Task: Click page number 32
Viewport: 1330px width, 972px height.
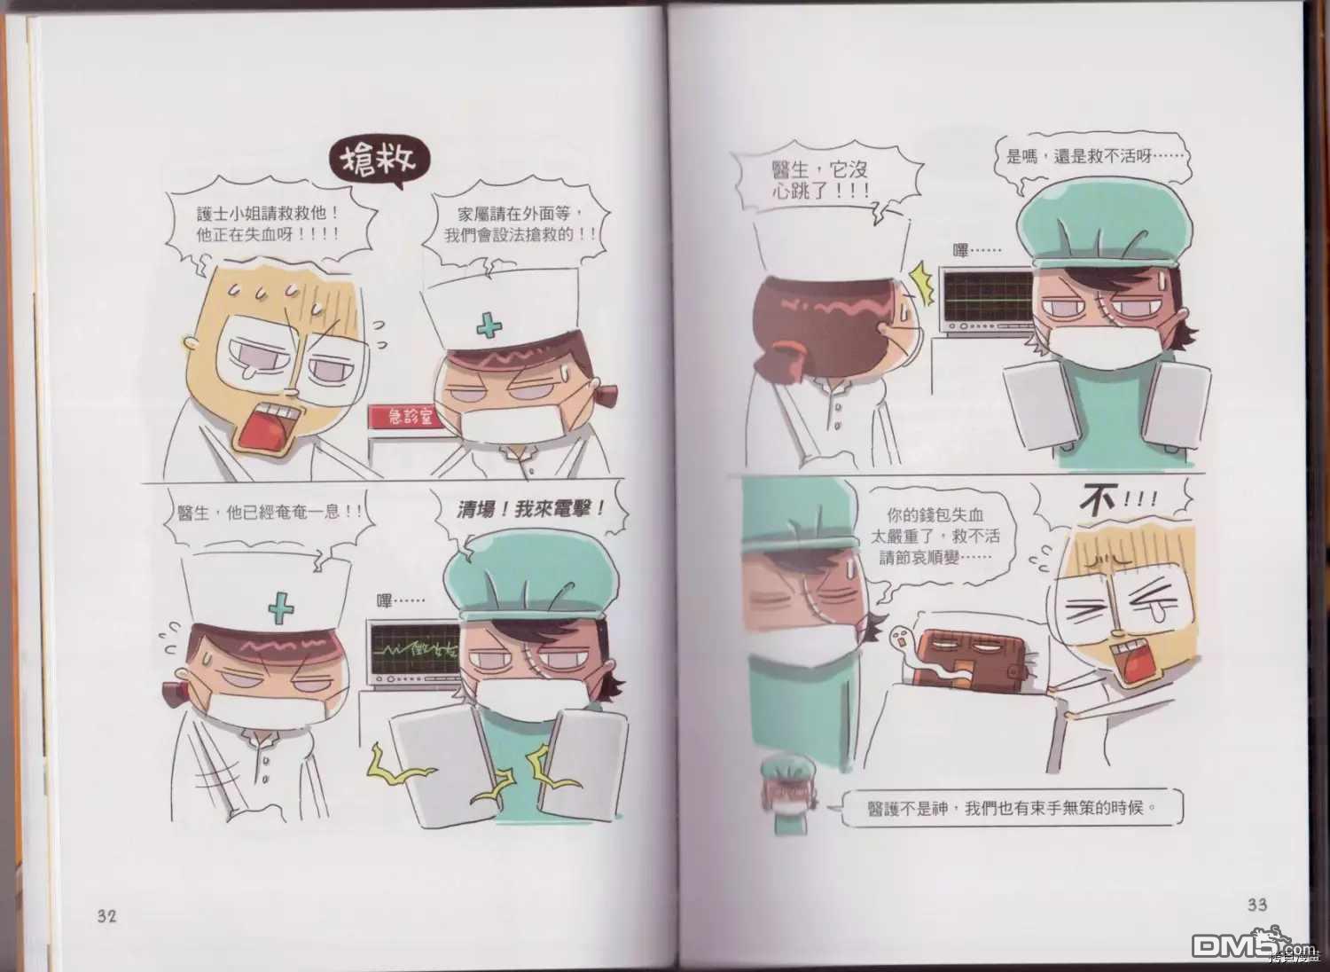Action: click(107, 915)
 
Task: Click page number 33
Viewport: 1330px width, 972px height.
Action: click(1257, 905)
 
